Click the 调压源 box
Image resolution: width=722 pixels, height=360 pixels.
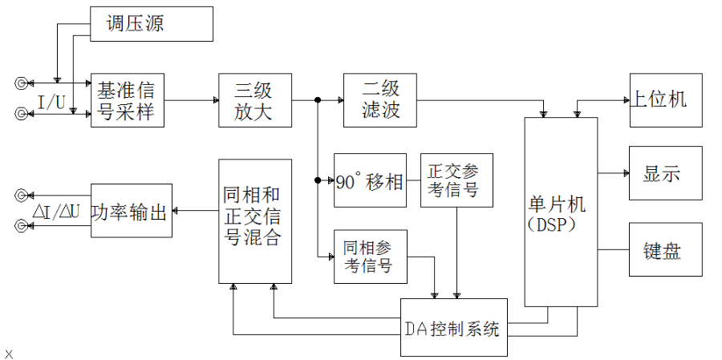coord(152,24)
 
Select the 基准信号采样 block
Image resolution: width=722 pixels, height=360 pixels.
coord(128,99)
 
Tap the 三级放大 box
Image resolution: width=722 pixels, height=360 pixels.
coord(255,100)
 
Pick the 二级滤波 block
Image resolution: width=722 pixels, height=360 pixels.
coord(381,100)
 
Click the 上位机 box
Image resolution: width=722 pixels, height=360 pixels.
coord(665,100)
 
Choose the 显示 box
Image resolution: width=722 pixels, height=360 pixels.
coord(665,173)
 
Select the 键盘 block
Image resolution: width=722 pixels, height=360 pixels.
coord(665,249)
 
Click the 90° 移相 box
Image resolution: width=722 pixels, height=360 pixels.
coord(370,180)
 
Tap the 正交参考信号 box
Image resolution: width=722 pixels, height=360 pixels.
coord(456,180)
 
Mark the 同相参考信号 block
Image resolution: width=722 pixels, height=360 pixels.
coord(371,257)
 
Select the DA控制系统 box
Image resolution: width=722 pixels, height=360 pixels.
coord(454,328)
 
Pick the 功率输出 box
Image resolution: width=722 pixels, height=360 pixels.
coord(132,212)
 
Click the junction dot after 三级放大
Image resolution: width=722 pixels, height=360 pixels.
coord(318,100)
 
